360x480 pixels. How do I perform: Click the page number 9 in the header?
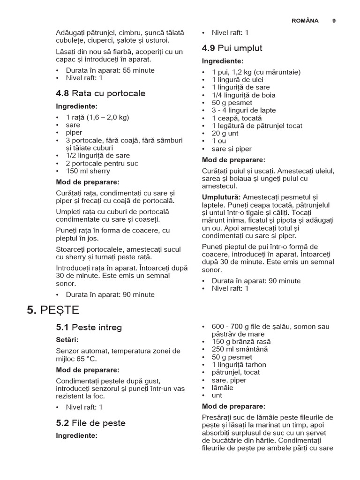(334, 21)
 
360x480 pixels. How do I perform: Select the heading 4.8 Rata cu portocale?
(100, 93)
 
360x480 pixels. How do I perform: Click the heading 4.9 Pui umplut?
(232, 48)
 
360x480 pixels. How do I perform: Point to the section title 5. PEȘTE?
(53, 310)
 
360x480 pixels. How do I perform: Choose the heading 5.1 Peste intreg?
(89, 327)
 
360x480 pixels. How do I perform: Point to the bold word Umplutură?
(221, 197)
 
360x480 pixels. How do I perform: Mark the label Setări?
(67, 339)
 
